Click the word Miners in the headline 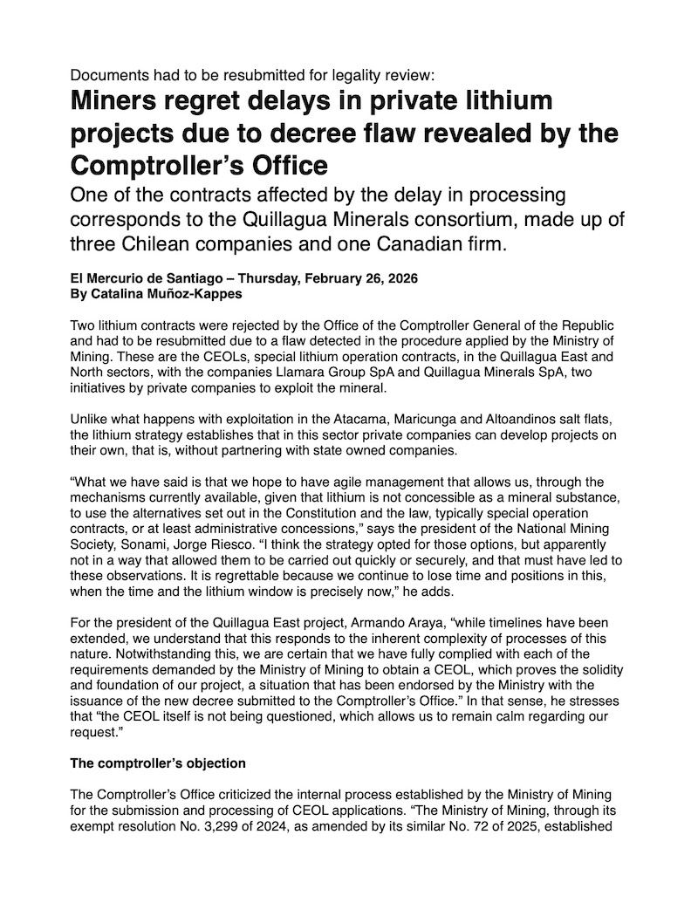(113, 101)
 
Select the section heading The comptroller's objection (157, 763)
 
